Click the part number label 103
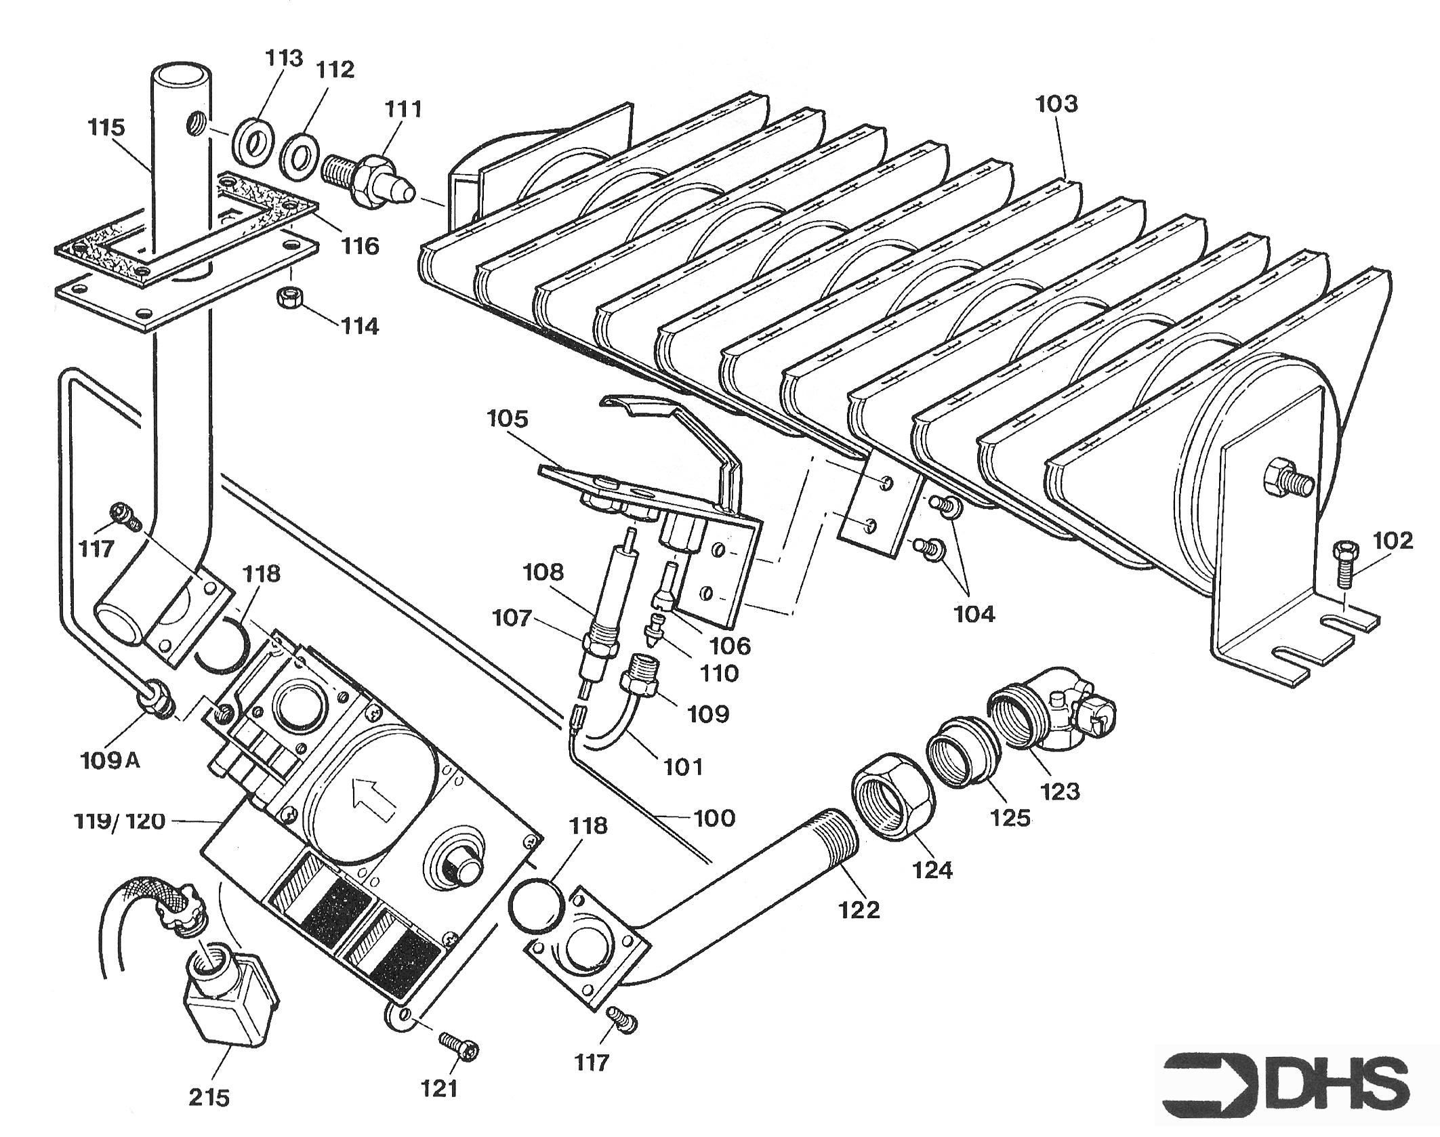pos(1056,104)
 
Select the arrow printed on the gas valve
pos(374,799)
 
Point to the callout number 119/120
pos(119,821)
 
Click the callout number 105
pos(507,419)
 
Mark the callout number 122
pos(859,909)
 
